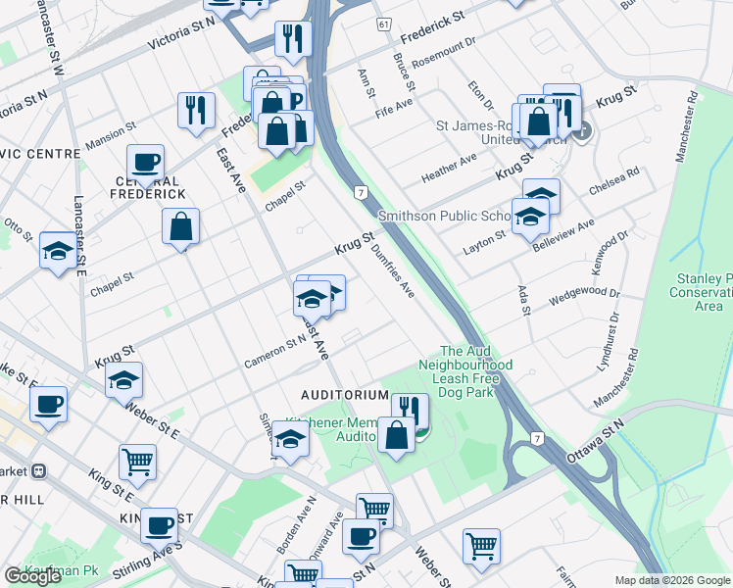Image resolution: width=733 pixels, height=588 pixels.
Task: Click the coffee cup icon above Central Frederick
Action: [x=145, y=163]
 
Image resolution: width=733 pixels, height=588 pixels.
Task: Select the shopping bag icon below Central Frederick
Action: [x=181, y=227]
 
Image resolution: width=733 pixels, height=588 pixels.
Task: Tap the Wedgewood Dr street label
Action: [x=585, y=292]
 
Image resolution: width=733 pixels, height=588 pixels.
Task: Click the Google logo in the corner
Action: [x=32, y=576]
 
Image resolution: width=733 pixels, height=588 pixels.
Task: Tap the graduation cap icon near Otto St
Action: [x=58, y=251]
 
